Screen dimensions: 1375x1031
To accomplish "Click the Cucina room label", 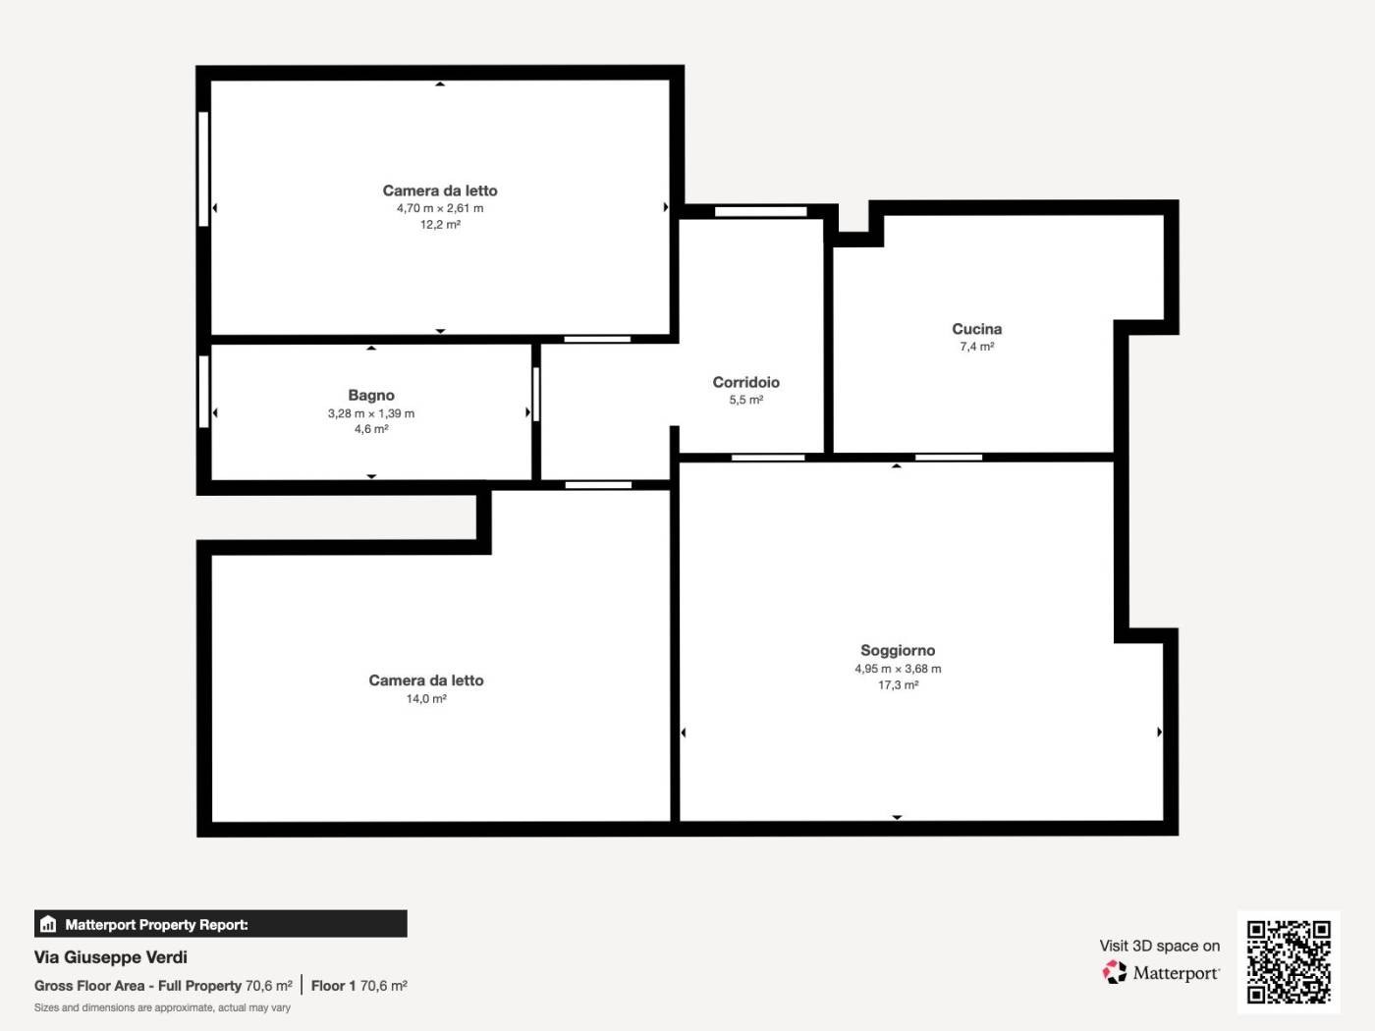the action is (976, 329).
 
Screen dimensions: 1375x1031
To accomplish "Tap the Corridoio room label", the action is (746, 382).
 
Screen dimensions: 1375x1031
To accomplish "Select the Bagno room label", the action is (371, 395).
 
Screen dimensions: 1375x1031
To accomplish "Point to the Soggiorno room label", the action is (898, 650).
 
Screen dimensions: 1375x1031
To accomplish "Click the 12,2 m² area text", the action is (440, 224).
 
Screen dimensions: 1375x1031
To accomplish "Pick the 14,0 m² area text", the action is (426, 698).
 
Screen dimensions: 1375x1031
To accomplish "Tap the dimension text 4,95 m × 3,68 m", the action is (898, 669).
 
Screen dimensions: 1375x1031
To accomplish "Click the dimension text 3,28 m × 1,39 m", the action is (371, 413).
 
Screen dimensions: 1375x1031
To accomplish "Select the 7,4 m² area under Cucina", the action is (976, 347).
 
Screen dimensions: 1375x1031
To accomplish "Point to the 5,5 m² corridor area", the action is (746, 400).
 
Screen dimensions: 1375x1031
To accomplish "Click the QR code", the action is (1289, 962).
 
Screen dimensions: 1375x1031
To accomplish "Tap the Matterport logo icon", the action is (1115, 972).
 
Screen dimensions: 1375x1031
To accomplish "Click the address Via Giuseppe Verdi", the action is (110, 957).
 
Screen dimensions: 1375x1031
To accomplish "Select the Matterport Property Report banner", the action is (221, 924).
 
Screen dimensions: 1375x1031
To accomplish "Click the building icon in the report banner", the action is (48, 924).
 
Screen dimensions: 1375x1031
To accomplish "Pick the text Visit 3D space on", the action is (1160, 946).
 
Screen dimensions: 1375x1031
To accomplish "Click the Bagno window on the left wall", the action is (203, 391).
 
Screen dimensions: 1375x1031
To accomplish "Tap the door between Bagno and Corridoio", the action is (536, 394).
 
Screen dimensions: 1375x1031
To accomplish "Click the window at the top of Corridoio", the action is (760, 211).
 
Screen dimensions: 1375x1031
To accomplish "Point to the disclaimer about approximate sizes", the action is (162, 1007).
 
